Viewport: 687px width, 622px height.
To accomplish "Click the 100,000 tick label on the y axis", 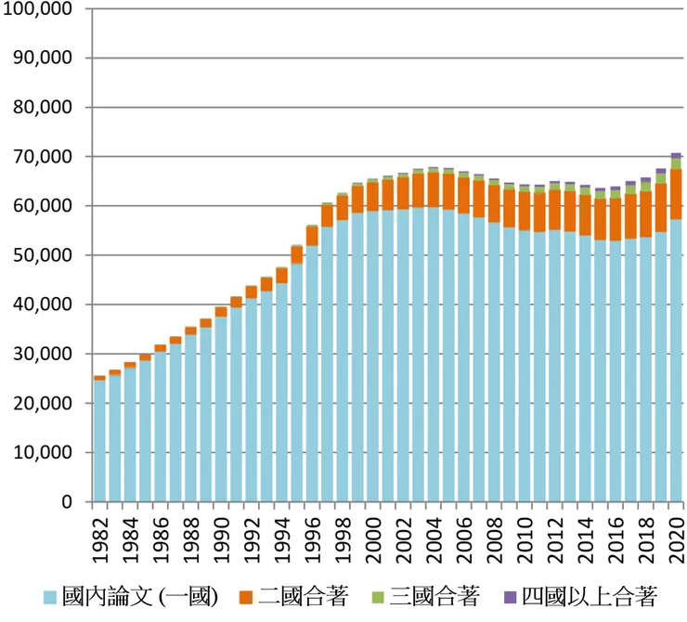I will click(39, 8).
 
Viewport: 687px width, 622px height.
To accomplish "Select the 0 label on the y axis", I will click(66, 502).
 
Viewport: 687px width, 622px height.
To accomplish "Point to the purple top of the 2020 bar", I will click(677, 155).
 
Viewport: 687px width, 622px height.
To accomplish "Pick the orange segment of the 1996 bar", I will click(312, 236).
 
